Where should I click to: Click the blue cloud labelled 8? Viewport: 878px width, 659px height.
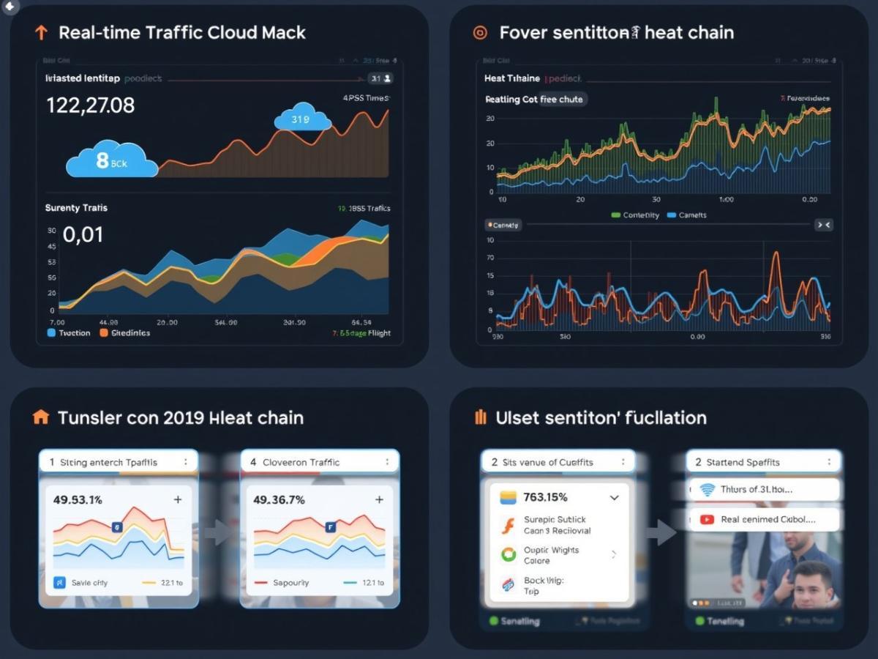pyautogui.click(x=111, y=161)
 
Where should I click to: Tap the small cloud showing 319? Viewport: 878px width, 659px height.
pyautogui.click(x=302, y=118)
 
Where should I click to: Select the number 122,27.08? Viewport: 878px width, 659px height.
pyautogui.click(x=90, y=105)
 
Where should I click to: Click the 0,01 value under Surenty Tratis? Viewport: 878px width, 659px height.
pyautogui.click(x=83, y=235)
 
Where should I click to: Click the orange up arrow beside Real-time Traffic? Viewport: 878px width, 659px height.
pyautogui.click(x=41, y=32)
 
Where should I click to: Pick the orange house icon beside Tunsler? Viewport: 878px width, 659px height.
pyautogui.click(x=41, y=417)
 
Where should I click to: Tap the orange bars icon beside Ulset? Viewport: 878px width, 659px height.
pyautogui.click(x=480, y=417)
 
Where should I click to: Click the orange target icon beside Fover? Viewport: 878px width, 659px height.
pyautogui.click(x=480, y=32)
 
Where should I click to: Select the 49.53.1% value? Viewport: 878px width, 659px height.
pyautogui.click(x=78, y=499)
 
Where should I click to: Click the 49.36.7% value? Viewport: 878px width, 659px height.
pyautogui.click(x=279, y=499)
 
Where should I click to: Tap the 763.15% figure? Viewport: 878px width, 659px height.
pyautogui.click(x=545, y=497)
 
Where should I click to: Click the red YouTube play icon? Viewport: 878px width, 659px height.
pyautogui.click(x=707, y=519)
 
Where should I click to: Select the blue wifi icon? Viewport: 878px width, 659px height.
pyautogui.click(x=707, y=490)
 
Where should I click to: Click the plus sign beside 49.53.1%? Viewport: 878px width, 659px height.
pyautogui.click(x=177, y=499)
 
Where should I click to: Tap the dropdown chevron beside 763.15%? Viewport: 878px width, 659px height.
pyautogui.click(x=614, y=497)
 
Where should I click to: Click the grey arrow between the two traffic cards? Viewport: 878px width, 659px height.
pyautogui.click(x=217, y=532)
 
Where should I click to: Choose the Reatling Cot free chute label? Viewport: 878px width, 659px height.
pyautogui.click(x=534, y=99)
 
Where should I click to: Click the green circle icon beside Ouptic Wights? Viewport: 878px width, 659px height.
pyautogui.click(x=508, y=554)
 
